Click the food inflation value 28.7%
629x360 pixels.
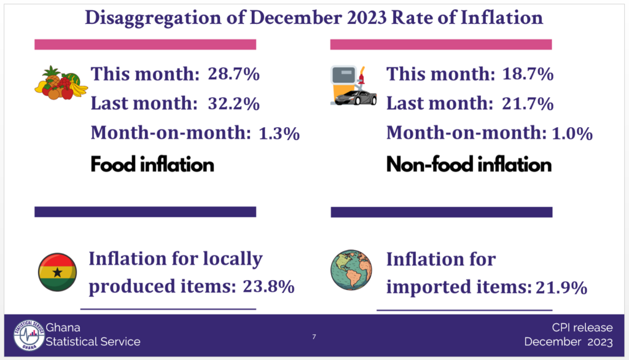tap(233, 75)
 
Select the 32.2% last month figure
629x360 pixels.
tap(233, 104)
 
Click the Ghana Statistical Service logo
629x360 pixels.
tap(29, 335)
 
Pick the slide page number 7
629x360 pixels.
tap(314, 336)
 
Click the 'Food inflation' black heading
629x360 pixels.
tap(152, 165)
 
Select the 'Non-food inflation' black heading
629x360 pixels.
tap(469, 165)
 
